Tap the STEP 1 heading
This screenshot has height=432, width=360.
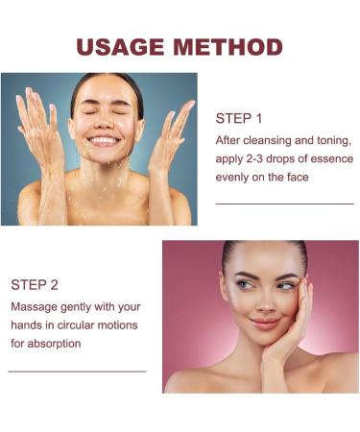pyautogui.click(x=239, y=119)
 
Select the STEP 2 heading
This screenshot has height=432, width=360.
pyautogui.click(x=35, y=284)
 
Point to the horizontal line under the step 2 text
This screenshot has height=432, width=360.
pyautogui.click(x=77, y=371)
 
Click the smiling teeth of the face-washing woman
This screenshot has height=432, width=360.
pyautogui.click(x=103, y=140)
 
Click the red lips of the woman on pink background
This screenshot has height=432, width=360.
pyautogui.click(x=265, y=324)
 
